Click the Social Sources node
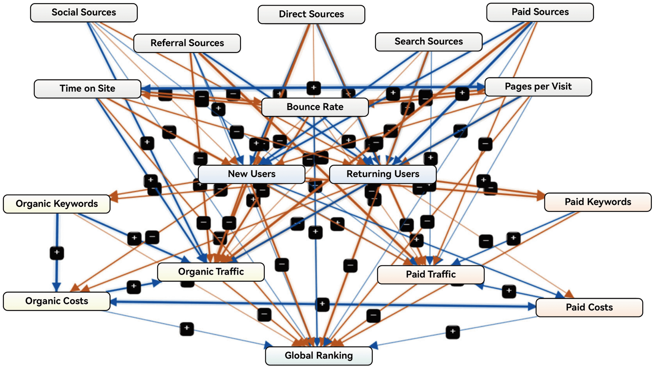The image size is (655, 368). coord(84,13)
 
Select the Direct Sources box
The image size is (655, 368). coord(311,14)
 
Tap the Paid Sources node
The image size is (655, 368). coord(540,12)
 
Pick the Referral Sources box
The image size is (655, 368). coord(187,43)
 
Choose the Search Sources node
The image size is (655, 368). coord(429,42)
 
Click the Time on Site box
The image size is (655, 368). coord(87,89)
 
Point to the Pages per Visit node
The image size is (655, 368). coord(538,87)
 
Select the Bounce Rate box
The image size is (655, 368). coord(315,107)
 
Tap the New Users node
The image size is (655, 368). coord(252,174)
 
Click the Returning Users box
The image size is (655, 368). coord(383,174)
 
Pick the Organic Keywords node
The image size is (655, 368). coord(57,204)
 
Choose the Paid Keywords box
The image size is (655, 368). coord(598,202)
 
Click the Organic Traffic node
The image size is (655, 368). coord(211,272)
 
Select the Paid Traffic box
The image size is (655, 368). coord(431,274)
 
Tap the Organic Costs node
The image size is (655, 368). coord(57,301)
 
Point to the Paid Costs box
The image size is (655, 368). coord(589,307)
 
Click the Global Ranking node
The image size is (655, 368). coord(319,356)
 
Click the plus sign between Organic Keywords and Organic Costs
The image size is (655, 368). coord(57,253)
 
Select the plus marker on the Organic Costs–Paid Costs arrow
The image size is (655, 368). coord(322,304)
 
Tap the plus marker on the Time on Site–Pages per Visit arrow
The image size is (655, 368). coord(314,88)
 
